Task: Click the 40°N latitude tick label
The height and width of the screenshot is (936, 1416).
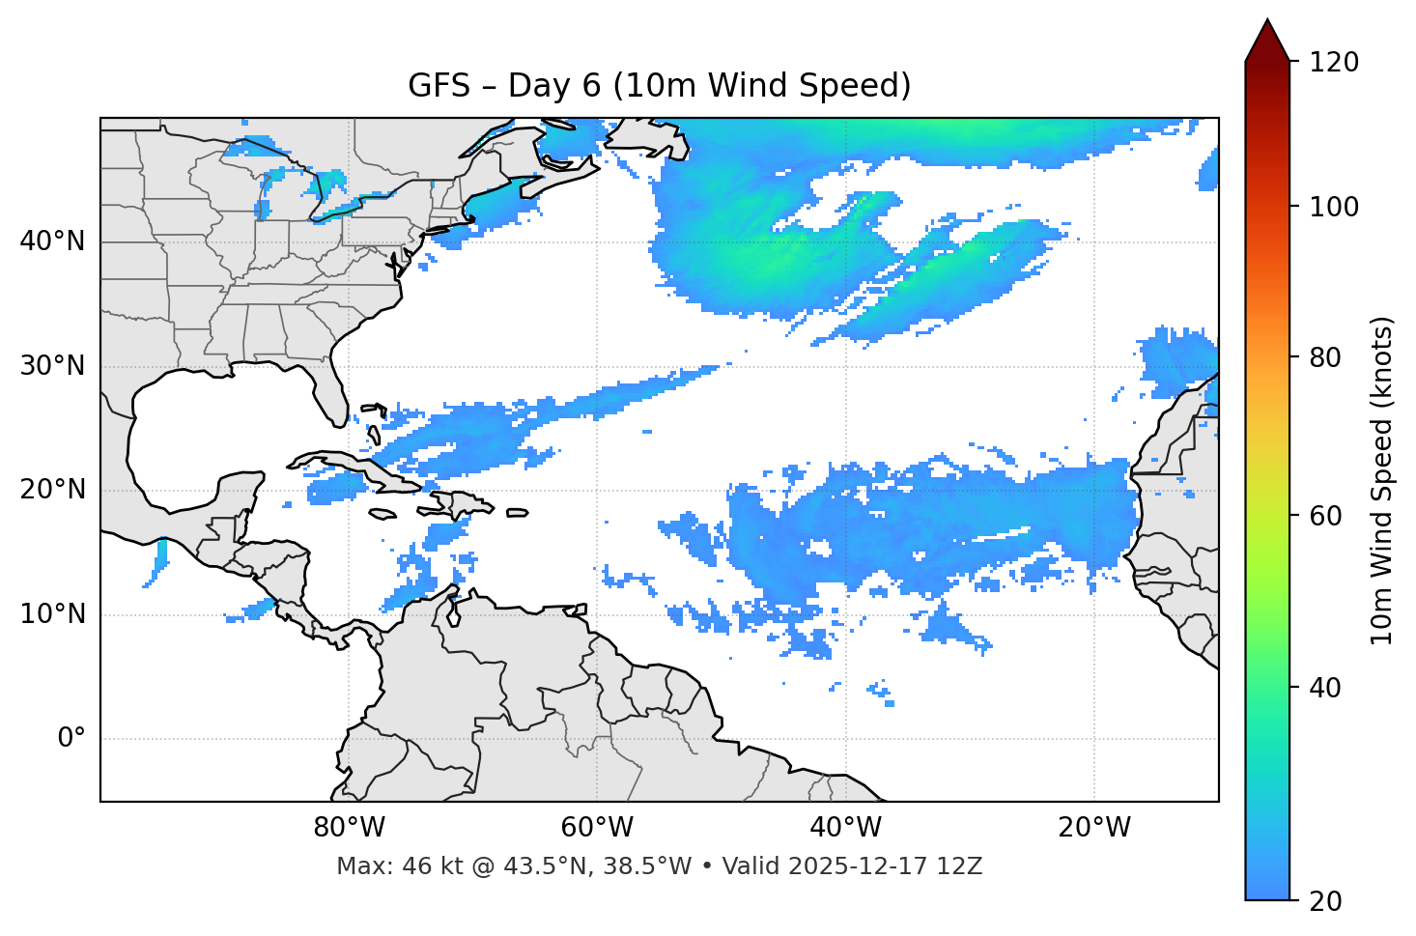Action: pyautogui.click(x=52, y=241)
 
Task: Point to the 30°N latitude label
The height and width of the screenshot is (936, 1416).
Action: pyautogui.click(x=52, y=366)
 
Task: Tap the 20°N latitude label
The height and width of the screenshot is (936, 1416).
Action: pyautogui.click(x=52, y=490)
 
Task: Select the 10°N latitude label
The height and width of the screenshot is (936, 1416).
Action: pyautogui.click(x=52, y=614)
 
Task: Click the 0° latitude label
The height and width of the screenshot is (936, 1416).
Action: pyautogui.click(x=71, y=739)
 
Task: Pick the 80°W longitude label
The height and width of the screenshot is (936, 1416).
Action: pyautogui.click(x=349, y=828)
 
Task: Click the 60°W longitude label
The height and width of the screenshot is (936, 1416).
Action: pyautogui.click(x=597, y=828)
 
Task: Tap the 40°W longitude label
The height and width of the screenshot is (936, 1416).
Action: pyautogui.click(x=845, y=828)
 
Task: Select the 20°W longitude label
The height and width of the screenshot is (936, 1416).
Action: pyautogui.click(x=1094, y=828)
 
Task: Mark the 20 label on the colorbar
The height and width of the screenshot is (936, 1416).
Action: pyautogui.click(x=1325, y=901)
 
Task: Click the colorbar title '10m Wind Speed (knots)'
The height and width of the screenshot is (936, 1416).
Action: pyautogui.click(x=1382, y=480)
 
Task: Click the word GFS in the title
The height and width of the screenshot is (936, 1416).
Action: pyautogui.click(x=439, y=86)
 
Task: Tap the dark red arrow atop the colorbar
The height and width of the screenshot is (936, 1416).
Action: pyautogui.click(x=1267, y=41)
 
